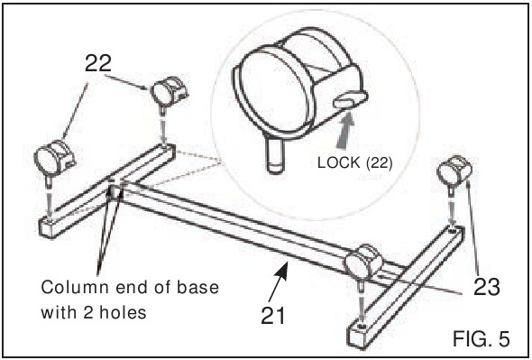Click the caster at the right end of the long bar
[362, 263]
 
